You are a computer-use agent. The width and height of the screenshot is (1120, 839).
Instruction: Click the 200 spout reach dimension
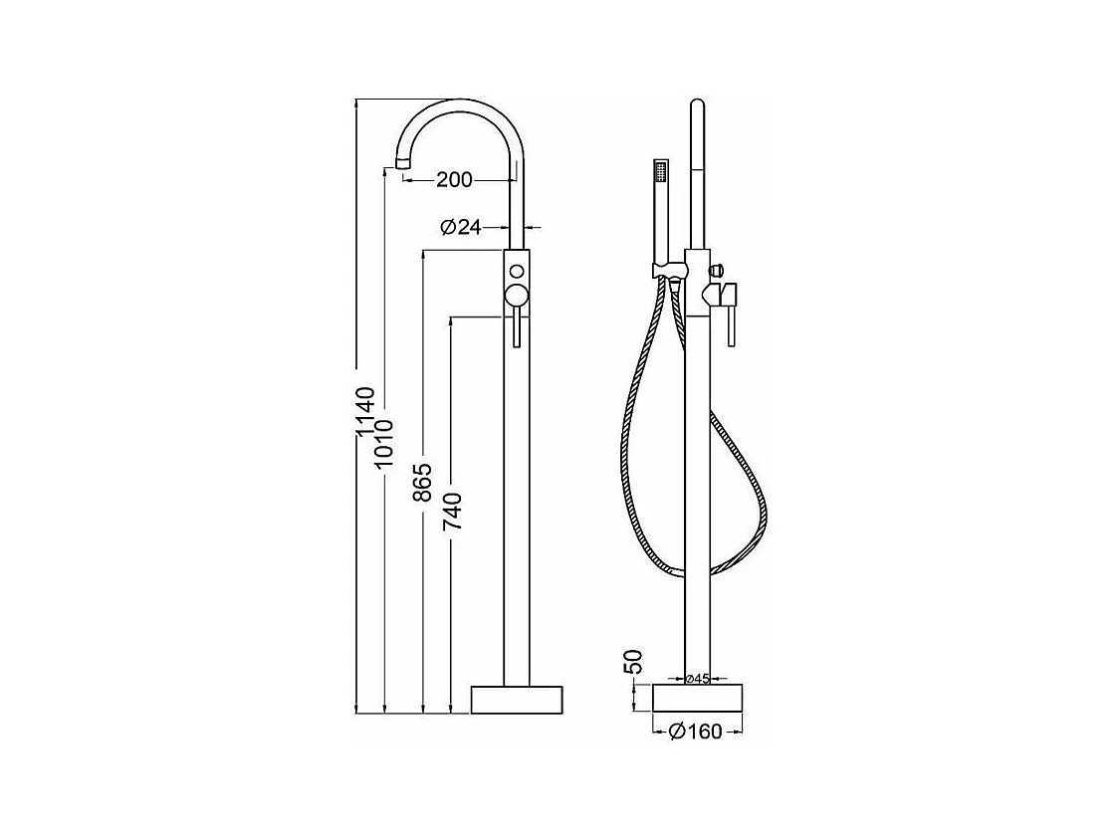pos(454,179)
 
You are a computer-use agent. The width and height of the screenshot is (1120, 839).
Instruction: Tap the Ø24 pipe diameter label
pos(461,227)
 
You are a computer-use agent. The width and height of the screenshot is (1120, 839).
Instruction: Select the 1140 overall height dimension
pos(365,411)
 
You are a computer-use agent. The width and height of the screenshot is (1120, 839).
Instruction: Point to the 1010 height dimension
pos(384,443)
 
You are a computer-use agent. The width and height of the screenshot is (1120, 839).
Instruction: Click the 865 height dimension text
pos(423,482)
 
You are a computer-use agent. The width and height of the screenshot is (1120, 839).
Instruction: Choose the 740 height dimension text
pos(453,512)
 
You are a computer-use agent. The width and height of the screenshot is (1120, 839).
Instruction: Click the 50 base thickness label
pos(633,662)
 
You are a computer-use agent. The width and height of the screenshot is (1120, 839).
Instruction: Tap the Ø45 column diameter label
pos(697,679)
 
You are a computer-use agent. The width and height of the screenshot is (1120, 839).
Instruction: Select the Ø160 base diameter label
pos(697,731)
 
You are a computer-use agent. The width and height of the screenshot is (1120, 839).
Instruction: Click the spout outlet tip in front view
pos(403,162)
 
